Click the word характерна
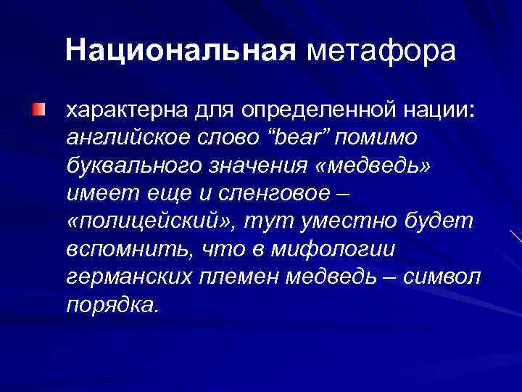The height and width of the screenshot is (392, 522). pyautogui.click(x=127, y=112)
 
